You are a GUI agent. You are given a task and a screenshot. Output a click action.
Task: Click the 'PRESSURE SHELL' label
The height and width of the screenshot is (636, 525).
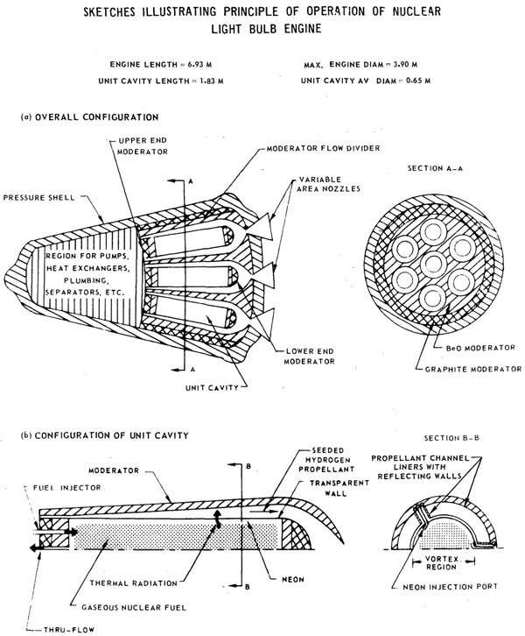click(39, 198)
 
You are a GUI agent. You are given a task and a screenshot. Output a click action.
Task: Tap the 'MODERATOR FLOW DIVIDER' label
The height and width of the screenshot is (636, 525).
click(323, 148)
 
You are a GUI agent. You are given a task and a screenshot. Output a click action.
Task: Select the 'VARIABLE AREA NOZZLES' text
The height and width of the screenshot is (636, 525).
click(328, 184)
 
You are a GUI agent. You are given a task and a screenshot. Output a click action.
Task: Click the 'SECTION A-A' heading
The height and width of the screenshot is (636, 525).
click(435, 168)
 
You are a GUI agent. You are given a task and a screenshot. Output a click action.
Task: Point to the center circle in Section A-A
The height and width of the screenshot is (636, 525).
click(434, 264)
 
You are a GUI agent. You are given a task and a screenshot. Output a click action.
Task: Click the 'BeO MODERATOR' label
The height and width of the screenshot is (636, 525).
click(480, 349)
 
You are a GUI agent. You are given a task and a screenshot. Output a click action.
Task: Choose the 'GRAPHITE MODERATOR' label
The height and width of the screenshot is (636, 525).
click(473, 370)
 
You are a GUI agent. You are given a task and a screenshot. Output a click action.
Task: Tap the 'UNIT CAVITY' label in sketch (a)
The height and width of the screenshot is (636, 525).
click(213, 388)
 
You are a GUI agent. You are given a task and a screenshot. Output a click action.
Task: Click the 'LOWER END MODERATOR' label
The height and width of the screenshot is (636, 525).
click(310, 357)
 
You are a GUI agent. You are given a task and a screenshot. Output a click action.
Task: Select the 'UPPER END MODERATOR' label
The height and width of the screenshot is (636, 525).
click(143, 146)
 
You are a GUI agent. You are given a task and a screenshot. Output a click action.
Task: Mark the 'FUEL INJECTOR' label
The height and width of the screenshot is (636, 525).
click(66, 488)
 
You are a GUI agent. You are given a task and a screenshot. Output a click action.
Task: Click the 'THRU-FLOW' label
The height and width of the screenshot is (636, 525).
click(69, 630)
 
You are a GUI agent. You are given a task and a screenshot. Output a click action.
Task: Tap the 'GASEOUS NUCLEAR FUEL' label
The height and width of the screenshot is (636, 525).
click(134, 608)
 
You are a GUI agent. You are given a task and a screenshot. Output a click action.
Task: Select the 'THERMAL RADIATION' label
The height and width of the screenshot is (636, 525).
click(134, 583)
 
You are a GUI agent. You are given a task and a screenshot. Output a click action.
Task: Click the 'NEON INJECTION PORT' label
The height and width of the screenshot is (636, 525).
click(450, 587)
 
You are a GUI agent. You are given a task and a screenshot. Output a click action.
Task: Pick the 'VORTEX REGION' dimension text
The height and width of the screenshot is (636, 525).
click(442, 563)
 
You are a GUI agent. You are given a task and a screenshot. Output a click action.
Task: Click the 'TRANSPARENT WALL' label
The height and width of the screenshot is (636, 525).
click(339, 488)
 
